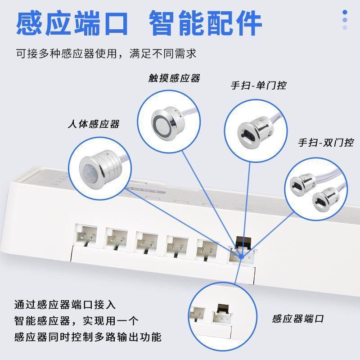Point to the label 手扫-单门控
[x=258, y=85]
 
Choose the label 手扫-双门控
[x=325, y=143]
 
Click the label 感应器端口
[x=298, y=319]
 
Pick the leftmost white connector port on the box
[x=86, y=236]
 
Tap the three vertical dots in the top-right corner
[x=345, y=20]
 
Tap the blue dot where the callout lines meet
[x=242, y=256]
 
